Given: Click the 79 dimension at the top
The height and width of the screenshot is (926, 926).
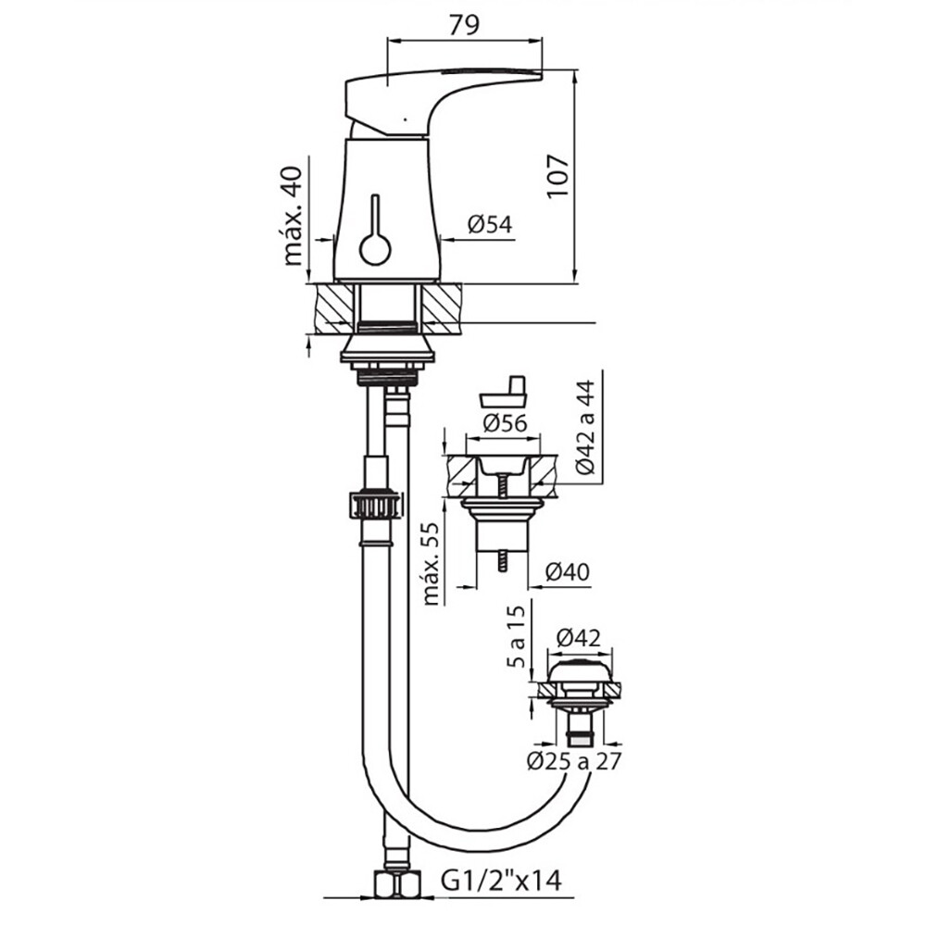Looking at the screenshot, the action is [464, 25].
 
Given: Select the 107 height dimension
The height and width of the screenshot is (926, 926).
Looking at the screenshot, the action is [557, 177].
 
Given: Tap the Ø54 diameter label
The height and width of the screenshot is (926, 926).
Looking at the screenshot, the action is [490, 224].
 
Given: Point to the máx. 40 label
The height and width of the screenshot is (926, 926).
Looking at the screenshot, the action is [293, 216].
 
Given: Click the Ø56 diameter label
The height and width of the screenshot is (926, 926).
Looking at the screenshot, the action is [505, 423].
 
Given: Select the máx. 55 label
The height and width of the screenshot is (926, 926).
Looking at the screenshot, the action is [432, 563].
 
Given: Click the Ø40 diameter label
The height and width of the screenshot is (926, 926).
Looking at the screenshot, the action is [567, 571].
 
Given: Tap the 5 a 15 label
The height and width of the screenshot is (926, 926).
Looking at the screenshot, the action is [516, 637].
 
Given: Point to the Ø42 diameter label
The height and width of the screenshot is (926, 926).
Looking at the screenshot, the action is [578, 638].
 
